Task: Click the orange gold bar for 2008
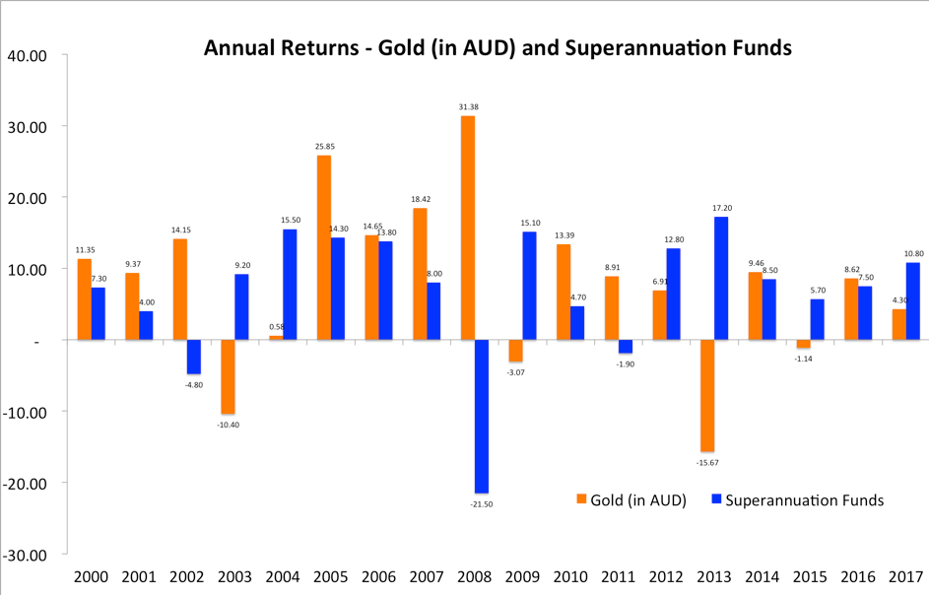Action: point(468,228)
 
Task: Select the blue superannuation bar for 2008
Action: point(482,416)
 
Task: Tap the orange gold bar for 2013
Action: point(708,395)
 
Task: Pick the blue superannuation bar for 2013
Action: point(722,278)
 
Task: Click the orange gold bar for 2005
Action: point(324,247)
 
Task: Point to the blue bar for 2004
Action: point(290,285)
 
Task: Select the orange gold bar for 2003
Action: point(228,376)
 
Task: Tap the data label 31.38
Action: point(468,106)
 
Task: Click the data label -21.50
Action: point(482,502)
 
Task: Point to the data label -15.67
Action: point(708,461)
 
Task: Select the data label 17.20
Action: point(722,208)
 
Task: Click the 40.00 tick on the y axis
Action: point(27,55)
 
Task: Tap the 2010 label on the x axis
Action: point(571,577)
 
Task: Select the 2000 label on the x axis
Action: point(91,577)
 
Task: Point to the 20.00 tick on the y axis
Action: point(27,198)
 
